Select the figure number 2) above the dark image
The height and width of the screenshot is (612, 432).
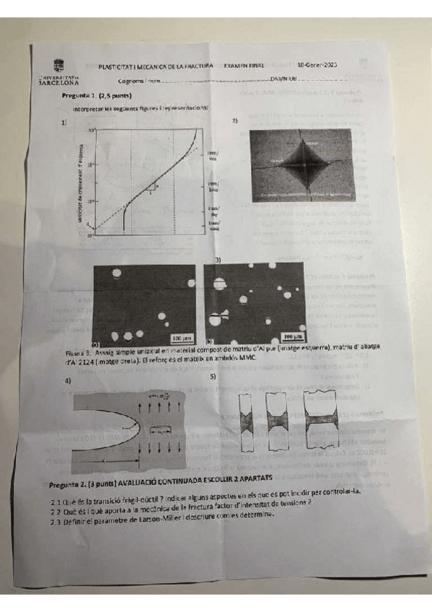point(235,121)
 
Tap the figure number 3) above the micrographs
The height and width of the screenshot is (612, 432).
point(218,258)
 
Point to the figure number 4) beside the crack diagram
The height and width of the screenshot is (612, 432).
point(69,381)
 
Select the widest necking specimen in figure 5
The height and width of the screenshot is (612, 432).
point(325,419)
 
